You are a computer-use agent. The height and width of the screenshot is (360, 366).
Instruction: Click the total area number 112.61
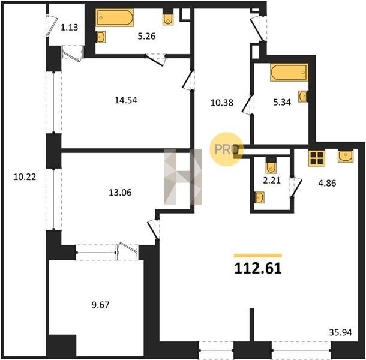coord(258,268)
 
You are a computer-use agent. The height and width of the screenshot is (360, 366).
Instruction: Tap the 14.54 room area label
coord(126,100)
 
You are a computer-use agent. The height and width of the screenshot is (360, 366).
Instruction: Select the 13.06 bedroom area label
coord(120,193)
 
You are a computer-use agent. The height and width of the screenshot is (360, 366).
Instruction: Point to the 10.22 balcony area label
coord(25,177)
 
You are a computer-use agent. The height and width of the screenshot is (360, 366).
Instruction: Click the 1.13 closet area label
coord(70,28)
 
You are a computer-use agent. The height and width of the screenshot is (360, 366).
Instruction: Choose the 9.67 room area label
coord(100,305)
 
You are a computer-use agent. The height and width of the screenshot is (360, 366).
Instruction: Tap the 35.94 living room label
coord(340,332)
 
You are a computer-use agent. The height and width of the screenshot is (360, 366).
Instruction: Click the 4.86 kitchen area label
coord(327,183)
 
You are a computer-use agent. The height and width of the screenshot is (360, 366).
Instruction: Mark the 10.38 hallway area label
coord(222,103)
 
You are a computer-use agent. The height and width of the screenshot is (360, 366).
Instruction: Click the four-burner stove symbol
coord(317,158)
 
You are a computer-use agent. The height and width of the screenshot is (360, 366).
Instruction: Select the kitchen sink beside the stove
coord(346,156)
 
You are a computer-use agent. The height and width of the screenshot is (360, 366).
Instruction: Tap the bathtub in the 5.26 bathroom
coord(115,17)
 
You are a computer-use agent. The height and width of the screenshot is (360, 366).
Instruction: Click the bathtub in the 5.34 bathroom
coord(289,73)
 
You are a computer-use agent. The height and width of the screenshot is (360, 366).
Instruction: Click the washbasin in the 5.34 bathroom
coord(303,96)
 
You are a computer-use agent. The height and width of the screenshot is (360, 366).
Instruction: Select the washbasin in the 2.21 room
coord(259,198)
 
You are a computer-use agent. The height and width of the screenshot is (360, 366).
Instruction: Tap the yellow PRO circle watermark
coord(226,149)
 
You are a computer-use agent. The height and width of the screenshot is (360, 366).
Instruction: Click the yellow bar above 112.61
coord(258,256)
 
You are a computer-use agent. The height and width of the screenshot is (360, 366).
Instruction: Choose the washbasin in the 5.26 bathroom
coord(101,37)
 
